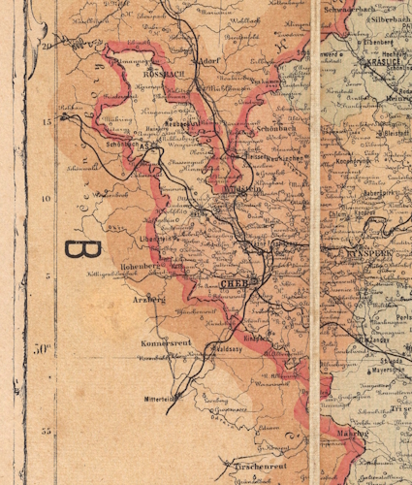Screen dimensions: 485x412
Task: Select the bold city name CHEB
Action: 235,284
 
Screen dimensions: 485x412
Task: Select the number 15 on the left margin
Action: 47,121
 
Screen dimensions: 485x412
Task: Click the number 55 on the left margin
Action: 46,429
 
